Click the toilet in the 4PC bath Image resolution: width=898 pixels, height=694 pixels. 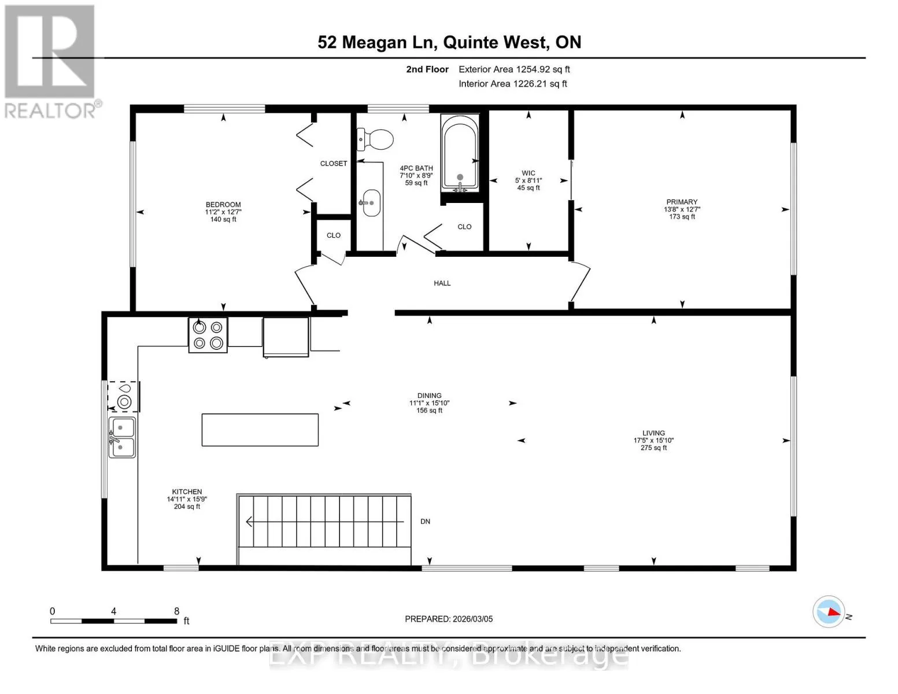[375, 139]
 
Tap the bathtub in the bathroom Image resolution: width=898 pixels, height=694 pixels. [460, 153]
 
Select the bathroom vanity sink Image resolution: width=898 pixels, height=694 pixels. [371, 202]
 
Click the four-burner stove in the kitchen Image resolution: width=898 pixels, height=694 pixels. [208, 335]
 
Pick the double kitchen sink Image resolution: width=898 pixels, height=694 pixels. [122, 437]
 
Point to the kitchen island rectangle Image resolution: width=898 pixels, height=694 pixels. [260, 430]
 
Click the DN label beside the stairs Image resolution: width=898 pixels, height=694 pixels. [425, 522]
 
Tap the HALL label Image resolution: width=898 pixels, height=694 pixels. [442, 283]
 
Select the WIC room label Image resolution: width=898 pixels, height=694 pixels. [529, 173]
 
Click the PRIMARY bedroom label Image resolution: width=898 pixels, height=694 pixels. [682, 202]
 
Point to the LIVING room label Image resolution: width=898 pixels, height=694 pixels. [654, 433]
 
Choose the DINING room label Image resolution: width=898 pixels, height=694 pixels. [430, 396]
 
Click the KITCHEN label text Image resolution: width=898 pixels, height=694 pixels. [187, 492]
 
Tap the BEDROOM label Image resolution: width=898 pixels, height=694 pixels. [223, 205]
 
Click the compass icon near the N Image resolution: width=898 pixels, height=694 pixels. [828, 612]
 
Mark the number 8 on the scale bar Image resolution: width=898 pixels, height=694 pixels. [176, 611]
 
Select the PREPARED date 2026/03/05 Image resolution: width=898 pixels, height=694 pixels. [473, 619]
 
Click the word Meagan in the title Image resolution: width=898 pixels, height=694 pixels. [375, 43]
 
